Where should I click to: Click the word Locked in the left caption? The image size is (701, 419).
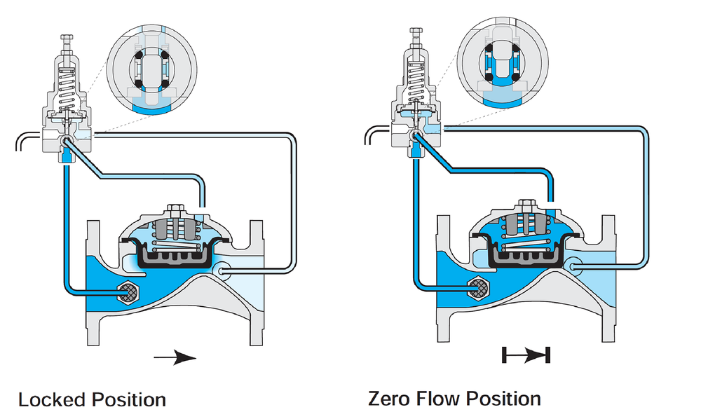click(52, 399)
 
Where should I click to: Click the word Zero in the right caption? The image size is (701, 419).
click(389, 399)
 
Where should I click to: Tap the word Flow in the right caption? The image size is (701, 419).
click(437, 399)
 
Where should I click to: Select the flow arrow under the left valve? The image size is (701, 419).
click(175, 357)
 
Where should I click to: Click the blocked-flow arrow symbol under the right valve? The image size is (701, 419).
click(526, 355)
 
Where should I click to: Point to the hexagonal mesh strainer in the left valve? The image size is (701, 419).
click(128, 293)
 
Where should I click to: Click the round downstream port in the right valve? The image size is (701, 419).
click(573, 266)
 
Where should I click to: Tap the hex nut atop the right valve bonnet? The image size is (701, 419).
click(526, 205)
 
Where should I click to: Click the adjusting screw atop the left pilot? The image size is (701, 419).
click(67, 43)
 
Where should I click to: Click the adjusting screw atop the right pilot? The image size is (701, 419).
click(416, 38)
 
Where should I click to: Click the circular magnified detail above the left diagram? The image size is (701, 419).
click(152, 70)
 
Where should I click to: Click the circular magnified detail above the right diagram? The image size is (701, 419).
click(502, 62)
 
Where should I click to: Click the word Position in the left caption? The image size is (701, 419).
click(129, 399)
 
